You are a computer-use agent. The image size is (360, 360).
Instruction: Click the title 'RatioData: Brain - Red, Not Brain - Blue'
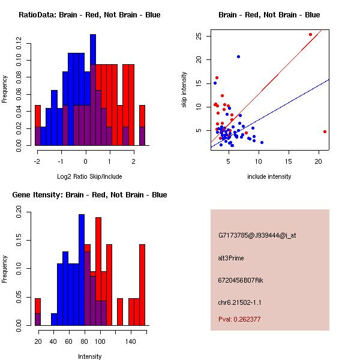click(x=89, y=15)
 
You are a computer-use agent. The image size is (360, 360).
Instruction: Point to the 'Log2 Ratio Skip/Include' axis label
click(x=90, y=176)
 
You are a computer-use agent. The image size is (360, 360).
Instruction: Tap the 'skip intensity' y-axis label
click(x=185, y=90)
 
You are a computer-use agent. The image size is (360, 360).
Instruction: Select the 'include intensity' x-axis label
click(x=269, y=176)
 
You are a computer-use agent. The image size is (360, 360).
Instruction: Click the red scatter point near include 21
click(x=325, y=131)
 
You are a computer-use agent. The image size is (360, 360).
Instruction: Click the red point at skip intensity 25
click(x=310, y=34)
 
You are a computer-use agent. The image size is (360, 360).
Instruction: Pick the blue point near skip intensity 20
click(x=238, y=56)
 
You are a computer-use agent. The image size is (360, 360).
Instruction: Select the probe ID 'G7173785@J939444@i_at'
click(x=257, y=235)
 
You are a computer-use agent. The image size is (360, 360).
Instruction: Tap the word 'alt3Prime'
click(x=231, y=258)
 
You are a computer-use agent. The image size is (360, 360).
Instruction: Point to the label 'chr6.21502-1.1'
click(x=240, y=302)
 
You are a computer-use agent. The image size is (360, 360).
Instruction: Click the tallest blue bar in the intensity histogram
click(x=81, y=270)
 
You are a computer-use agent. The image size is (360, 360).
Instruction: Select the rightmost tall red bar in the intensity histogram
click(x=142, y=284)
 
